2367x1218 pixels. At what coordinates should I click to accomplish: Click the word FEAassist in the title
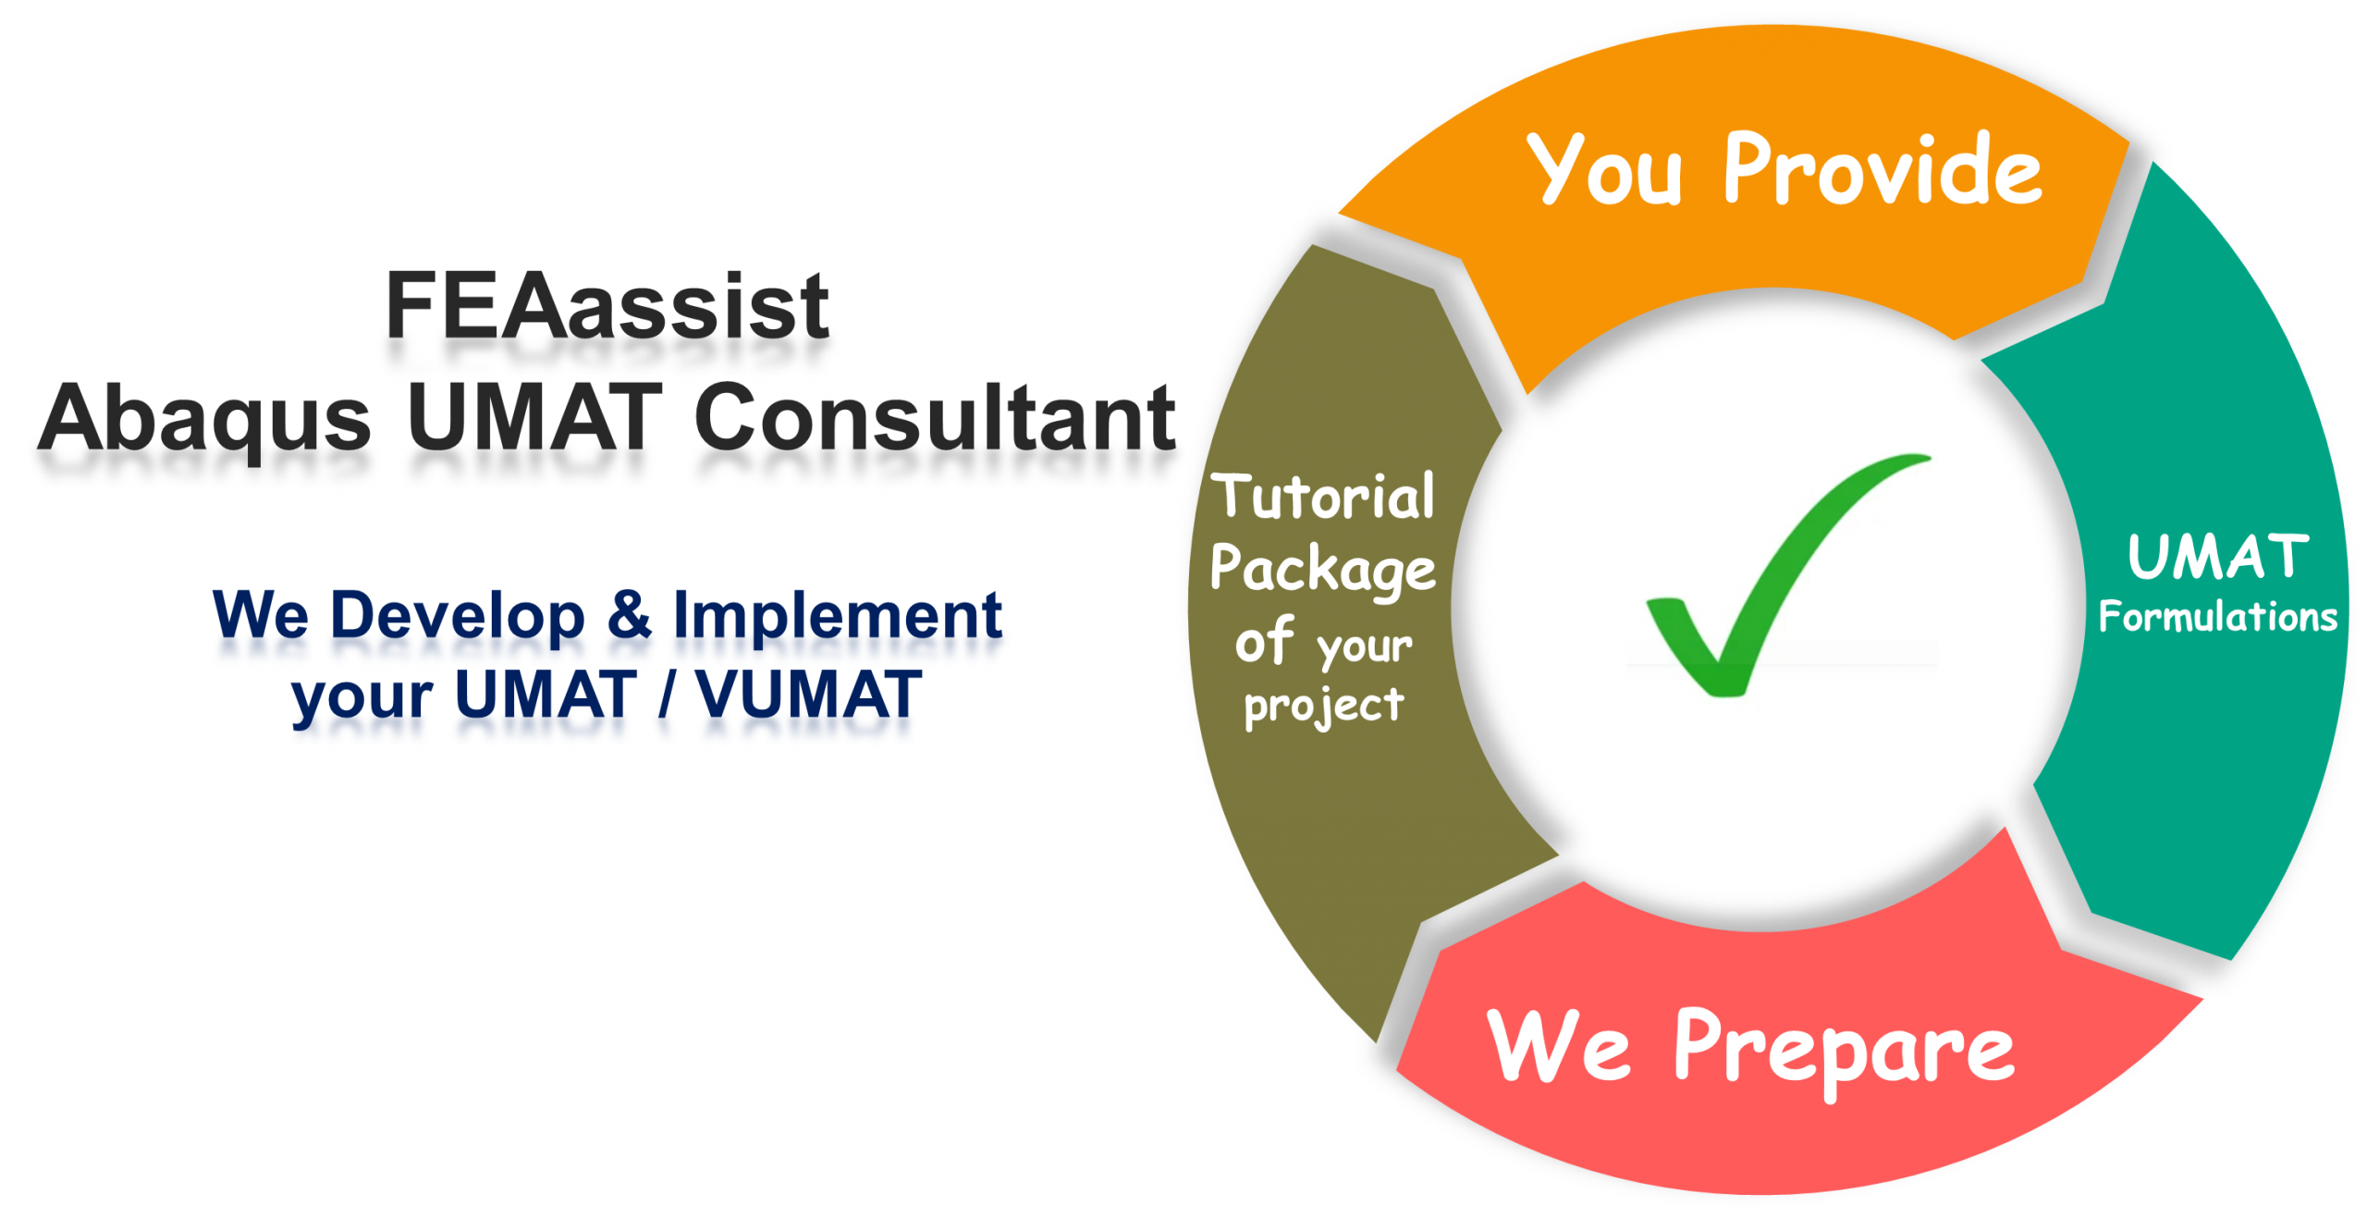pyautogui.click(x=607, y=306)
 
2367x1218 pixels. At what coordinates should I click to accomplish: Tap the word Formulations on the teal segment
pyautogui.click(x=2217, y=617)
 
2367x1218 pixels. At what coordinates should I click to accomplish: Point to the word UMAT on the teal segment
pyautogui.click(x=2217, y=557)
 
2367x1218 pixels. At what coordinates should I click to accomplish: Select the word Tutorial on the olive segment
pyautogui.click(x=1323, y=496)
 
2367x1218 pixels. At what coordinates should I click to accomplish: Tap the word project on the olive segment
pyautogui.click(x=1324, y=708)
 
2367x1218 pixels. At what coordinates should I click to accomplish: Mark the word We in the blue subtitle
pyautogui.click(x=261, y=614)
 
